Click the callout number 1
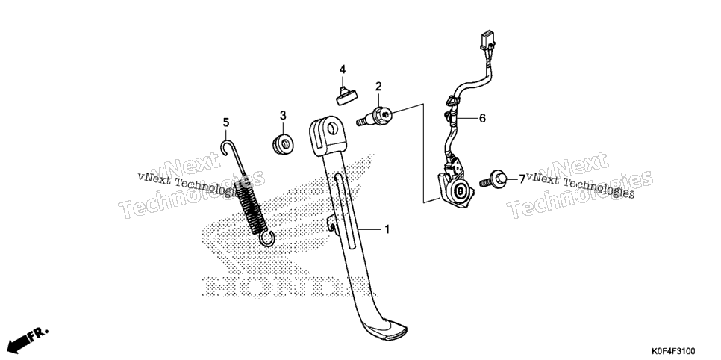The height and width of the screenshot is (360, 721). tap(387, 229)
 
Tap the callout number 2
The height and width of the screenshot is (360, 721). tap(378, 86)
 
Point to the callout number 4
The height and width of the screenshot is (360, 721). tap(342, 69)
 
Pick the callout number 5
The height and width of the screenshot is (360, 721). tap(225, 122)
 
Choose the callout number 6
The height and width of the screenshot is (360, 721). tap(482, 118)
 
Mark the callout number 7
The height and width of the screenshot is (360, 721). tap(522, 179)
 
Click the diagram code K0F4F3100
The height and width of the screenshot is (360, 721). tap(672, 351)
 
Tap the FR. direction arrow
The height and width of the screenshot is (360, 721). tap(27, 340)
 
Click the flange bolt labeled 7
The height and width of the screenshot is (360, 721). tap(493, 179)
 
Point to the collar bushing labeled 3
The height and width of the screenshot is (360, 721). tap(283, 143)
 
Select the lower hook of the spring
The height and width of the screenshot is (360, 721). tap(267, 239)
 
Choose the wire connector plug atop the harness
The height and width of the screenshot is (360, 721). tap(487, 40)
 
